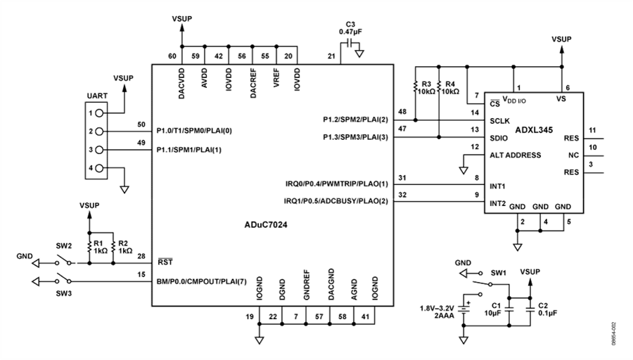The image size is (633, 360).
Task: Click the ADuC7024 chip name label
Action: click(266, 225)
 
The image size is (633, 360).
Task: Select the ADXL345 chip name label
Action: click(534, 130)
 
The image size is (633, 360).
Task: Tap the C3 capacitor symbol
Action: click(350, 43)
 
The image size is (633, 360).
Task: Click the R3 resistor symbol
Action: click(416, 86)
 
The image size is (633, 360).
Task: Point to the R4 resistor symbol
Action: click(439, 86)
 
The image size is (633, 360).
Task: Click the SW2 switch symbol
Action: click(65, 260)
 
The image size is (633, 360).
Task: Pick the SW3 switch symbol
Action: click(64, 279)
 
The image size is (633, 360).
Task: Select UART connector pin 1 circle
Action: click(99, 113)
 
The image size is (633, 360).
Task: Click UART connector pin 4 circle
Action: click(99, 168)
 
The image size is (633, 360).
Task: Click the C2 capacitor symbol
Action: click(530, 310)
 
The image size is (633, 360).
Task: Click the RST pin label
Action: click(165, 262)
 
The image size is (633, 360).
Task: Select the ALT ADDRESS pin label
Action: click(515, 155)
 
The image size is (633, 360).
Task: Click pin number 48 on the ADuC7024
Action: click(402, 112)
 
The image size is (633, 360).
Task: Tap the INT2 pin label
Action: click(497, 203)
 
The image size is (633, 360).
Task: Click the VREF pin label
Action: click(276, 78)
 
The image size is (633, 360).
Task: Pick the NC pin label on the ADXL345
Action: click(573, 155)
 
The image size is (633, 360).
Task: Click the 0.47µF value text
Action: click(350, 32)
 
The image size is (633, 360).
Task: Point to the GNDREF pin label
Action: click(307, 285)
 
